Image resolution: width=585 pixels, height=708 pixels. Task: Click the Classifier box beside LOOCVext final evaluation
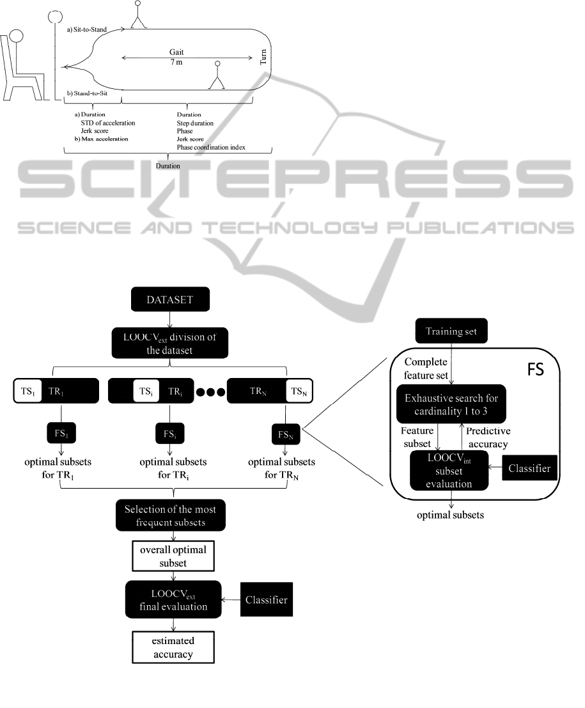pos(266,599)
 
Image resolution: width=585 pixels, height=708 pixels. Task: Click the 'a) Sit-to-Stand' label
pos(88,29)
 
